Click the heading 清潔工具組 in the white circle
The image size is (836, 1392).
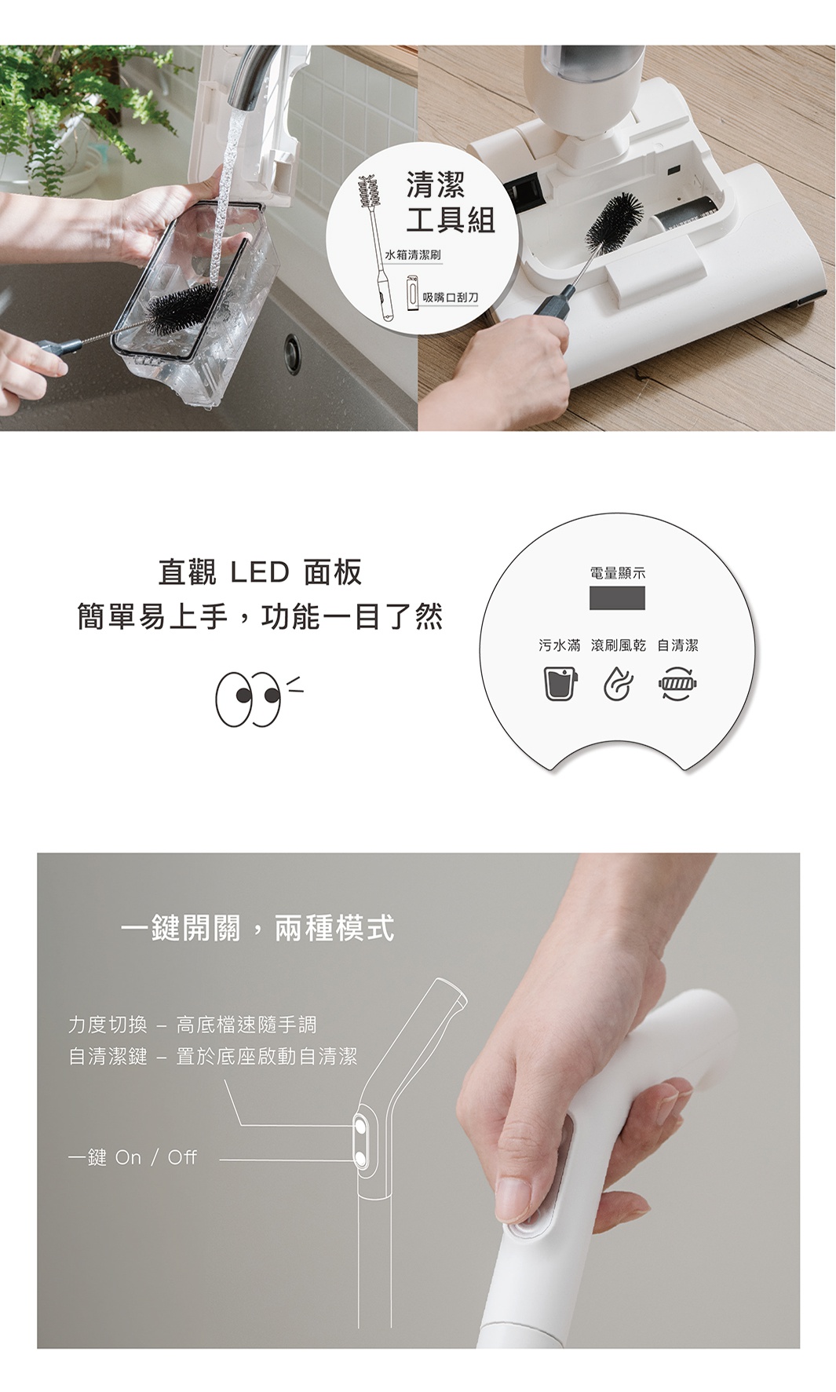pyautogui.click(x=451, y=203)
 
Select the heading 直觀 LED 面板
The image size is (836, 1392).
pyautogui.click(x=260, y=572)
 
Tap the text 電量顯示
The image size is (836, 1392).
pyautogui.click(x=618, y=573)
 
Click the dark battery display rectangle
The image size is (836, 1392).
pyautogui.click(x=618, y=597)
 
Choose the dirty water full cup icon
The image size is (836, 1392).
pyautogui.click(x=559, y=682)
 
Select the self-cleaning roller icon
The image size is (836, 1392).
pyautogui.click(x=678, y=683)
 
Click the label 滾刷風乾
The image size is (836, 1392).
pyautogui.click(x=619, y=645)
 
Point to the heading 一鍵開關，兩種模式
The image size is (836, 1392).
pyautogui.click(x=257, y=928)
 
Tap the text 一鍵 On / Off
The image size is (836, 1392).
pyautogui.click(x=132, y=1157)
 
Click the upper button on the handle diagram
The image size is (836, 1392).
pyautogui.click(x=360, y=1126)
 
